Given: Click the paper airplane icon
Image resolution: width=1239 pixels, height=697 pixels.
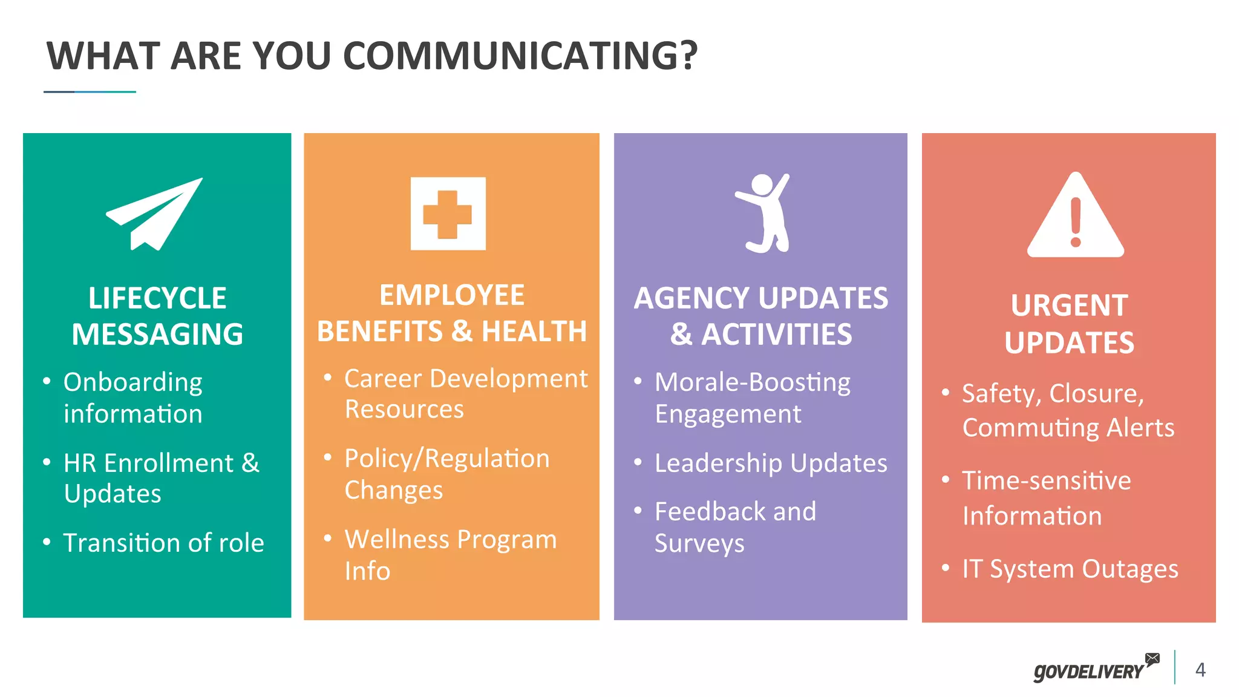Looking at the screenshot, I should [154, 214].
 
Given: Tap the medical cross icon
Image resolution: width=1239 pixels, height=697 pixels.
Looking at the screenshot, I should [448, 214].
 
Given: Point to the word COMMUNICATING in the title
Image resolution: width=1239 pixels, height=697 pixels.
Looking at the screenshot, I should [520, 56].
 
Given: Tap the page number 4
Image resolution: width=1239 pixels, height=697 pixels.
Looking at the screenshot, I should [1200, 670].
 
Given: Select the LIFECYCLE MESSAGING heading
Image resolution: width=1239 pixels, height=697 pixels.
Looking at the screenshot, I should [157, 316].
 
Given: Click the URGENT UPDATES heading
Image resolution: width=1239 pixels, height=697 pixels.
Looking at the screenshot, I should [1069, 324].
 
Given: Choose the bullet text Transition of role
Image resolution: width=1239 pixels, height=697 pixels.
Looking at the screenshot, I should [163, 543].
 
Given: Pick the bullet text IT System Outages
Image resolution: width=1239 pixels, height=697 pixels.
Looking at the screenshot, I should [1070, 569].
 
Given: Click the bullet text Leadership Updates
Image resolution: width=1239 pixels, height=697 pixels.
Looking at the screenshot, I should [771, 463].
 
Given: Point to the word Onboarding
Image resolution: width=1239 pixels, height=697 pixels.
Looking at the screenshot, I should [133, 382].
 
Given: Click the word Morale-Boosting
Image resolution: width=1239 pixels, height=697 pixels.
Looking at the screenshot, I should [753, 382].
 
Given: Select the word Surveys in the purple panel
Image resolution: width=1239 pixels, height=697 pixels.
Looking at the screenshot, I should [699, 543].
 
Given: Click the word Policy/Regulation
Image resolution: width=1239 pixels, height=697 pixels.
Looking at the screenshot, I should [447, 459].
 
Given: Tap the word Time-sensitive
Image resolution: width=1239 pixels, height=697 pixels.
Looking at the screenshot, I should [1047, 481].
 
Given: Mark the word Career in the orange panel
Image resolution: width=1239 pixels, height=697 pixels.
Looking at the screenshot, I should [383, 379].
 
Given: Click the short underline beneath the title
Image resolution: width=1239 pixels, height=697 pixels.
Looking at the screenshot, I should [90, 92].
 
